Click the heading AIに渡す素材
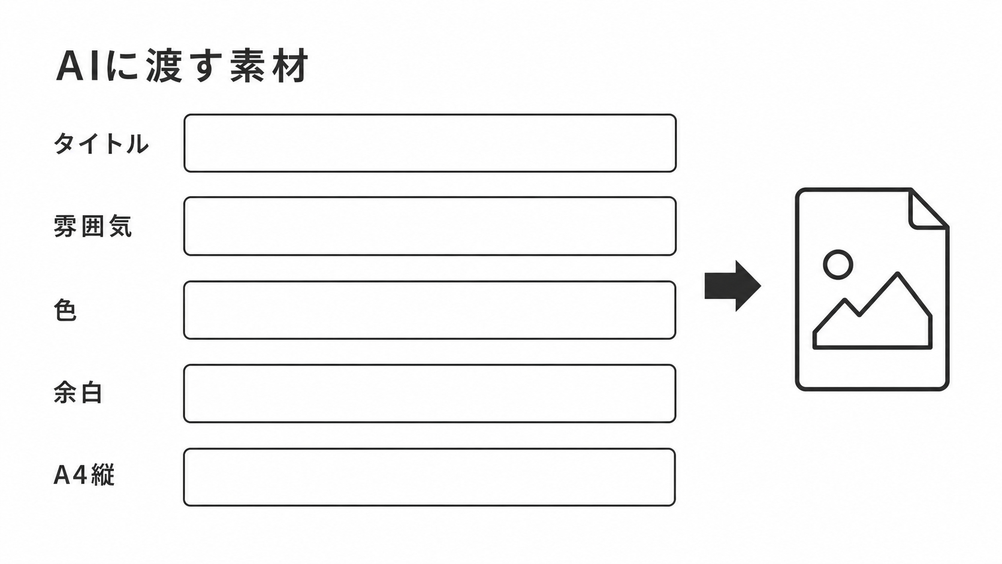pos(182,65)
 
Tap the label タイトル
pos(101,144)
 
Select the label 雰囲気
pos(93,226)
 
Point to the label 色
pos(65,310)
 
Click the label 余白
pos(78,393)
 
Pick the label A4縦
pos(84,475)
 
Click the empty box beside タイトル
pos(430,143)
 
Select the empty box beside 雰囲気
pos(430,226)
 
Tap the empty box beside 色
pos(430,310)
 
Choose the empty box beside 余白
pos(430,394)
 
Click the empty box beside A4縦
pos(430,477)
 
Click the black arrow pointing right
pos(733,286)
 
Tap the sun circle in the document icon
pos(838,264)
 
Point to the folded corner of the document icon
pos(928,209)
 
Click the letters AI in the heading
pos(77,66)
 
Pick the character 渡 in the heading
pos(164,65)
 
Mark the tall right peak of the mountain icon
pos(897,273)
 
